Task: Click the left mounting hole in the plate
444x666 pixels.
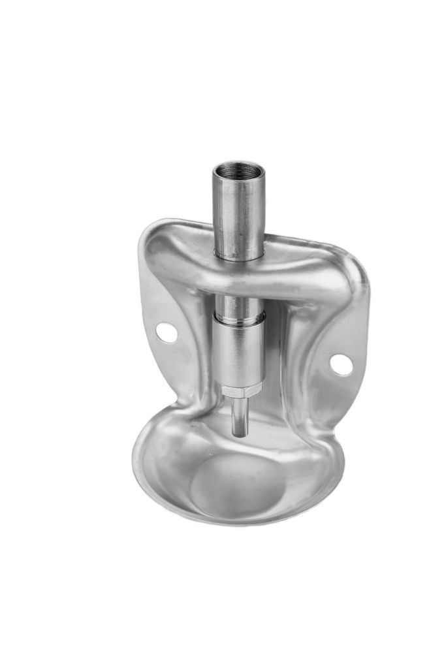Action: tap(166, 333)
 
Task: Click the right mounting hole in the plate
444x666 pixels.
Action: tap(341, 364)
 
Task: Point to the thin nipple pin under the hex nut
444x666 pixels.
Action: tap(240, 415)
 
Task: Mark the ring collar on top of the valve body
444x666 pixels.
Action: tap(240, 318)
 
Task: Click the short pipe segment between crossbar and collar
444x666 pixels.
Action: tap(239, 304)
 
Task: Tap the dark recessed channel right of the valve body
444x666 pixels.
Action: tap(277, 366)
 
